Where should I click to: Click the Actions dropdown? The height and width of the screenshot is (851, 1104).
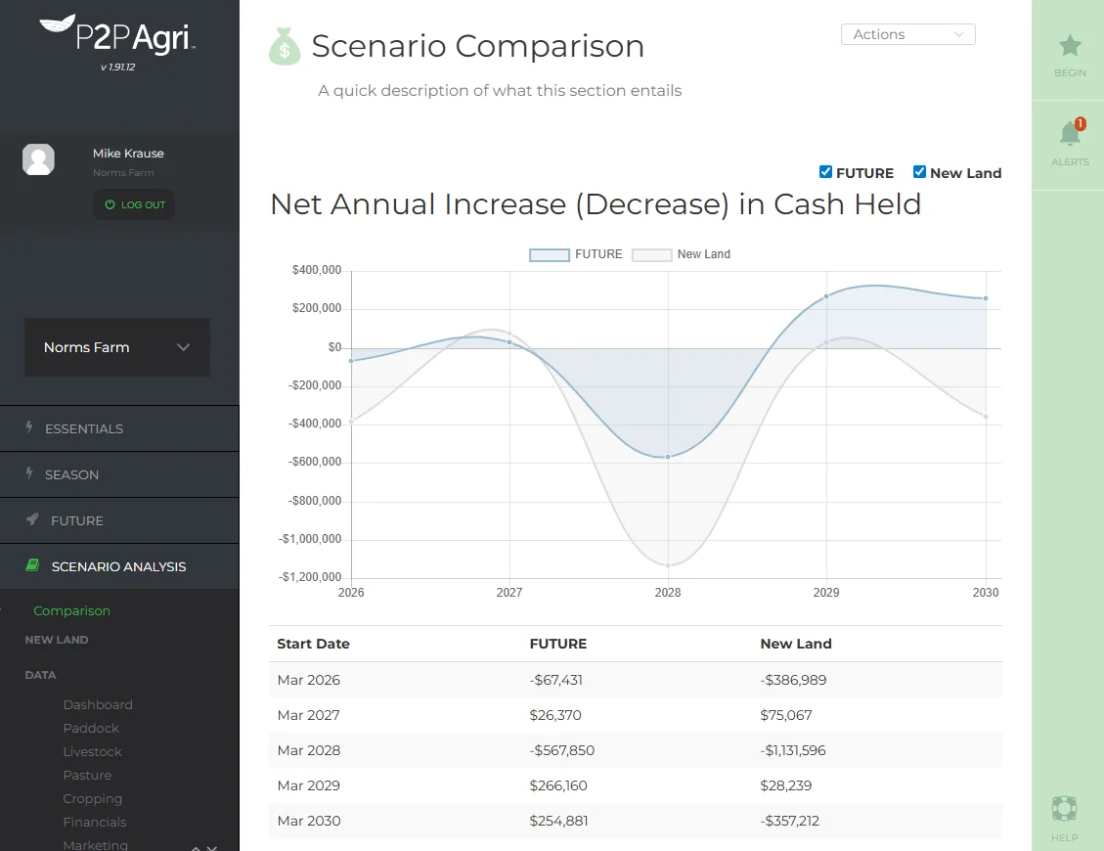pos(907,34)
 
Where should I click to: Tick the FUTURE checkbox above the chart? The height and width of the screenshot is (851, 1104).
pos(825,172)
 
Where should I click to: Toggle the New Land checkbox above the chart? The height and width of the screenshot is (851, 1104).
pos(919,172)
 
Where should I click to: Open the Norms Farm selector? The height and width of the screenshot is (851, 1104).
pos(117,347)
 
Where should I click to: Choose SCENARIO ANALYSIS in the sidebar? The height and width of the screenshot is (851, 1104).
pos(119,566)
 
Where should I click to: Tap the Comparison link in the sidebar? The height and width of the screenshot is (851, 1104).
pos(71,610)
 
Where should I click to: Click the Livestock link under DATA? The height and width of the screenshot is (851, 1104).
pos(93,751)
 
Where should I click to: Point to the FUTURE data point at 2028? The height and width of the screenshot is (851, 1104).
pos(668,457)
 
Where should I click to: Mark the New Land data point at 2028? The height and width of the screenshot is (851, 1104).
pos(668,565)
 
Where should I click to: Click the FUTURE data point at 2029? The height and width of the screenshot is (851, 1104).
pos(826,296)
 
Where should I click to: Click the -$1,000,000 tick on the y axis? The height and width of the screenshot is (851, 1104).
pos(309,539)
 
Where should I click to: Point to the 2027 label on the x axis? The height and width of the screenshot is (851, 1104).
pos(509,593)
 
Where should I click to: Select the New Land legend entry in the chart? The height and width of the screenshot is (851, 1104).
pos(682,254)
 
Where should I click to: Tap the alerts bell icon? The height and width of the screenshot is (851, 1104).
pos(1069,135)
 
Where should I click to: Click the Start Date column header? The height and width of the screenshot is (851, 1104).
pos(313,644)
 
